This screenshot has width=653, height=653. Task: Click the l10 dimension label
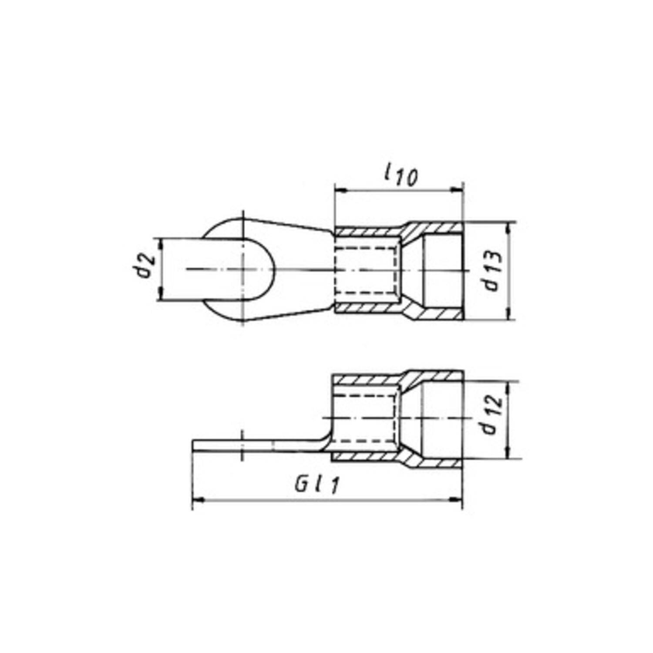click(x=401, y=175)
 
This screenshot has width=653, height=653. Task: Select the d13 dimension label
click(x=493, y=271)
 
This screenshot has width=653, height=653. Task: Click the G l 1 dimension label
click(x=316, y=485)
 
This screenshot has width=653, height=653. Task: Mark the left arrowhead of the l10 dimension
click(x=340, y=190)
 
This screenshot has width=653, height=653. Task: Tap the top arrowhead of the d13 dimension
click(x=508, y=227)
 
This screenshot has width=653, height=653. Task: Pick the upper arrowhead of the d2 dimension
click(x=161, y=244)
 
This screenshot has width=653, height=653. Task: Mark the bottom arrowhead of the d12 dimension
click(x=508, y=453)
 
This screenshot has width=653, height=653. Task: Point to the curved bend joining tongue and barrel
click(x=324, y=442)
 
